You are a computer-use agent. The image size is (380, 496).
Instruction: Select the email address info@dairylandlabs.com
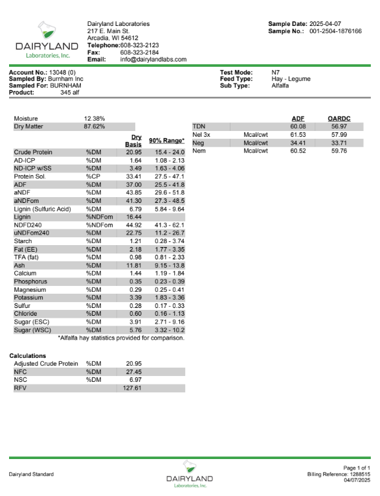pos(153,60)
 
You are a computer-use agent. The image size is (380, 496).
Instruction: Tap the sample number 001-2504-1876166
pos(335,30)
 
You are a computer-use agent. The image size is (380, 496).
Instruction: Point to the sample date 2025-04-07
pos(335,24)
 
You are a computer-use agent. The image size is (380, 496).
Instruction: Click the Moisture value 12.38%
pos(95,119)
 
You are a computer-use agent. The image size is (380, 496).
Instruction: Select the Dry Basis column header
pos(134,140)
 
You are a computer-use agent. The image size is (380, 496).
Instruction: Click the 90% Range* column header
pos(166,140)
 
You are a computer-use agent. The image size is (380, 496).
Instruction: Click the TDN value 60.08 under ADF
pos(298,126)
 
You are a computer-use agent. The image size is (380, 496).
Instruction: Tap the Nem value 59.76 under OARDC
pos(339,150)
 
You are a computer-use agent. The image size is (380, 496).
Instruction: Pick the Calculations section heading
pos(28,356)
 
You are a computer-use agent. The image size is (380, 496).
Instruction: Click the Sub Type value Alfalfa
pos(282,85)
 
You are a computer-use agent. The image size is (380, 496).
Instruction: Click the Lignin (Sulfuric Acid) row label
pos(42,209)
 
